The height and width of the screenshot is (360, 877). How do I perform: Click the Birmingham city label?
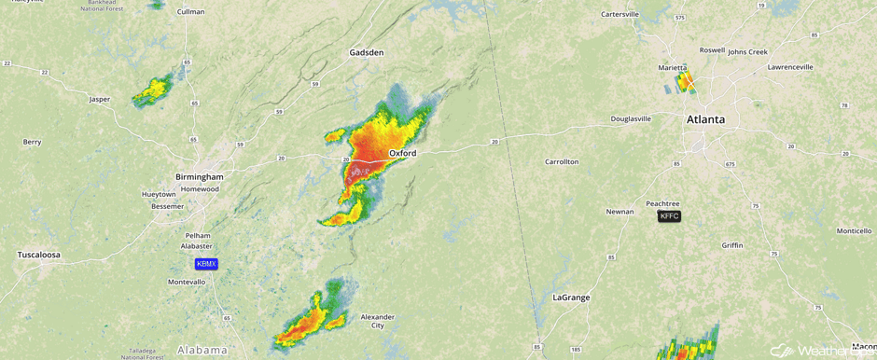tap(199, 176)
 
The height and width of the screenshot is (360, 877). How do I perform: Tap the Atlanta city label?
tap(705, 119)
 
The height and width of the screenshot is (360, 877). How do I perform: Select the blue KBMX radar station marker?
tap(206, 264)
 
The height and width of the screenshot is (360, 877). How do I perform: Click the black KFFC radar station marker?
tap(669, 216)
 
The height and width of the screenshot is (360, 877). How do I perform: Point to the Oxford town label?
tap(402, 153)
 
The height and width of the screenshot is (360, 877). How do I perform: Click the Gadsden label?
tap(366, 52)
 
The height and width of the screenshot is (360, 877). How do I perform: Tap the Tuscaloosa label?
tap(38, 255)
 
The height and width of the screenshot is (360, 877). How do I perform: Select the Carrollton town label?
tap(562, 161)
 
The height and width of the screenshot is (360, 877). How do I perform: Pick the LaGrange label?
tap(571, 298)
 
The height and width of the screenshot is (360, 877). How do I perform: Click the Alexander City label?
tap(377, 321)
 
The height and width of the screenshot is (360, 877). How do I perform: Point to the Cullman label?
tap(190, 11)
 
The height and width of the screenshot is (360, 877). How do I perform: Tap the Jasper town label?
tap(99, 99)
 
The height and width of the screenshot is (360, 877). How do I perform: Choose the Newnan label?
tap(619, 212)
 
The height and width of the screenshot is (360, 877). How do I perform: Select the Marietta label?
tap(672, 68)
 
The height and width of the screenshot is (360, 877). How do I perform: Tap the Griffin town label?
tap(732, 245)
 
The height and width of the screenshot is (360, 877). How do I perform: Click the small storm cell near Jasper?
tap(152, 90)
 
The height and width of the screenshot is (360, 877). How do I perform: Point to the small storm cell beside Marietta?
tap(685, 82)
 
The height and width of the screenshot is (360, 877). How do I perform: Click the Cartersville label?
tap(619, 14)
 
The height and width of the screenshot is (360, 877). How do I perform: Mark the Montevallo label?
tap(187, 282)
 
